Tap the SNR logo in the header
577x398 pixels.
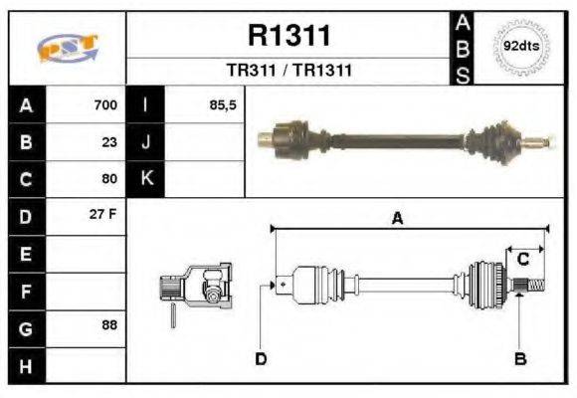(67, 48)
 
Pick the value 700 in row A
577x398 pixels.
(105, 105)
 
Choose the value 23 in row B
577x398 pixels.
(109, 142)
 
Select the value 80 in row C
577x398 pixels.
(109, 179)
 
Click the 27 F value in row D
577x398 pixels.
(104, 216)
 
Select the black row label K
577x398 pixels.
(147, 179)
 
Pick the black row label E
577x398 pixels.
(26, 254)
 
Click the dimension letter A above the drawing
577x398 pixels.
(397, 219)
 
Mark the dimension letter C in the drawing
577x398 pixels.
(522, 260)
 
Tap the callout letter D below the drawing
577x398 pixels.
(261, 358)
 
